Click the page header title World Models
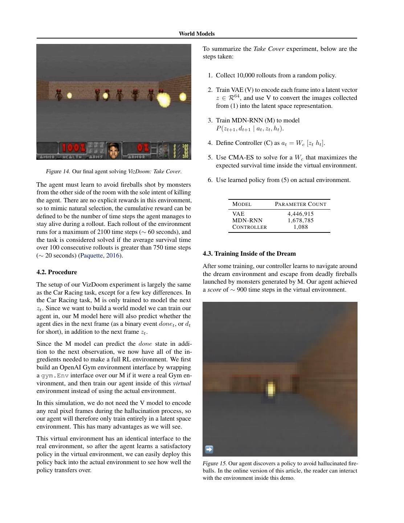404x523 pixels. tap(196, 34)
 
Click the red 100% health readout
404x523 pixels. tap(74, 148)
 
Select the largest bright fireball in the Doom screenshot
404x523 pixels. tap(163, 99)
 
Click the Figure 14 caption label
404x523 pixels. tap(58, 171)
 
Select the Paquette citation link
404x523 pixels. tap(91, 255)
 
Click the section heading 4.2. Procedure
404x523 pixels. tap(57, 272)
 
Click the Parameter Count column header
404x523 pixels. tap(301, 204)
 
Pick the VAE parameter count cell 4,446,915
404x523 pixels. tap(301, 214)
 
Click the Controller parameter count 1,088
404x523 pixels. tap(301, 227)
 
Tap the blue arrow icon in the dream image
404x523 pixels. tap(209, 449)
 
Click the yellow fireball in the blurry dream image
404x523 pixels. tap(270, 389)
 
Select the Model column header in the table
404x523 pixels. tap(242, 204)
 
